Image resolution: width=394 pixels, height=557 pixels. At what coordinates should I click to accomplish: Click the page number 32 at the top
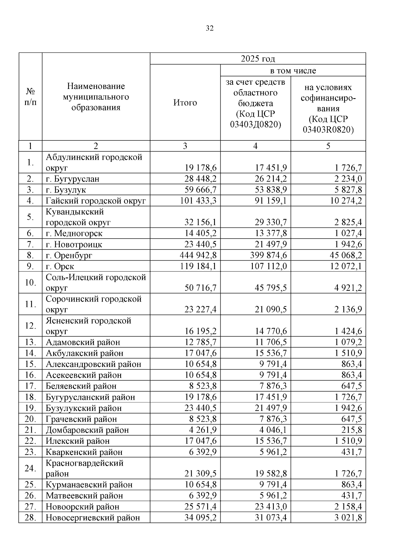tap(209, 29)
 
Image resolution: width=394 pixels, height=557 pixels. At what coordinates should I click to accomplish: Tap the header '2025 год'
tap(258, 59)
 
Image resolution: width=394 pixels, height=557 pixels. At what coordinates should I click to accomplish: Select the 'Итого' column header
tap(185, 103)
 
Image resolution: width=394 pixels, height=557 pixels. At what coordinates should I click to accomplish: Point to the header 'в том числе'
tap(293, 71)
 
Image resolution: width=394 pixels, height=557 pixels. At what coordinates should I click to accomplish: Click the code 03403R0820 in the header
tap(328, 130)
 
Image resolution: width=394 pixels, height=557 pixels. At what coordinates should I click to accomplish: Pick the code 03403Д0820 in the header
tap(255, 124)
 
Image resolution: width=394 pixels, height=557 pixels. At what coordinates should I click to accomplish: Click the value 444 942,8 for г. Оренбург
tap(198, 255)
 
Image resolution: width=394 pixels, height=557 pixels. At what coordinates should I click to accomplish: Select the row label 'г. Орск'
tap(60, 266)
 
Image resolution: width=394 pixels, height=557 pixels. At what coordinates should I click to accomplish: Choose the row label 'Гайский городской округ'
tap(96, 201)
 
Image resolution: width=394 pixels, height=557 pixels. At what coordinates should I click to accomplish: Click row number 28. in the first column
tap(30, 518)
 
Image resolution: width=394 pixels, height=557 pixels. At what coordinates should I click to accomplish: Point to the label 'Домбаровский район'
tap(87, 430)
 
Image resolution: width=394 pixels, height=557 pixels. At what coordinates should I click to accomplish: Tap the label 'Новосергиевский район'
tap(93, 518)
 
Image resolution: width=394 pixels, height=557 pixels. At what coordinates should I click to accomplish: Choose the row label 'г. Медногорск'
tap(74, 233)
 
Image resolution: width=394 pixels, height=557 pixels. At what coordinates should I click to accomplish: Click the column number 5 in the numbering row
tap(328, 146)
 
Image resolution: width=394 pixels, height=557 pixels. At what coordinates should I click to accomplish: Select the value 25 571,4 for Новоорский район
tap(200, 506)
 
